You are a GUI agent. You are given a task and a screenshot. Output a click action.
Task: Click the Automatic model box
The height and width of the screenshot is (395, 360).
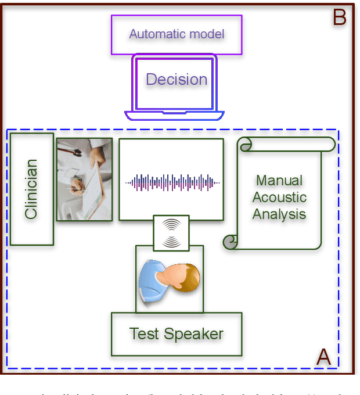coord(177,34)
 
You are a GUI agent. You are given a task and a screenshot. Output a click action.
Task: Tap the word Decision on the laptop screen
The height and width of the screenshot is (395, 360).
coord(177,80)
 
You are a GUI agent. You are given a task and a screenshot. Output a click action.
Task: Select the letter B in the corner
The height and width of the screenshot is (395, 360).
coord(339,18)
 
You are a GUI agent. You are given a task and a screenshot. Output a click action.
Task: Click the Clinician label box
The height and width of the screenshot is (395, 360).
coord(31,189)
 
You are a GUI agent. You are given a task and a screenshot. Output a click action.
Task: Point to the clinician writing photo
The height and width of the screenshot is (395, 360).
coord(84,179)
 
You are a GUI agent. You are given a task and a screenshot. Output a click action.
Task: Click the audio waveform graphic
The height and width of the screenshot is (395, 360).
coord(172,182)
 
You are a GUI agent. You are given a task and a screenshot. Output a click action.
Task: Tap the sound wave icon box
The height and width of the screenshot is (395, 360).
coord(171,234)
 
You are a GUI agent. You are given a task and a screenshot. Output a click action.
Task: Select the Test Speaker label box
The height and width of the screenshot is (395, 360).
coord(177,334)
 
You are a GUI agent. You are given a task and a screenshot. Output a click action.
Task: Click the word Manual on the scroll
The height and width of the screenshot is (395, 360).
coord(279,181)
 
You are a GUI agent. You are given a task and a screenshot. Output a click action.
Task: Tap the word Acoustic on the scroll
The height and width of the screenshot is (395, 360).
coord(279,198)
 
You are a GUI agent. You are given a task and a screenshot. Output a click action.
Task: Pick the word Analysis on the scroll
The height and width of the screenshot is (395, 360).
coord(279,214)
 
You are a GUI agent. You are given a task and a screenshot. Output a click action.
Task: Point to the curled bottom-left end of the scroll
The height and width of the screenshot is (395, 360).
coord(231,241)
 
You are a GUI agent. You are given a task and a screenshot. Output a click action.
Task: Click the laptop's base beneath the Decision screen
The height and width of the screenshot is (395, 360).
coord(175,115)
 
